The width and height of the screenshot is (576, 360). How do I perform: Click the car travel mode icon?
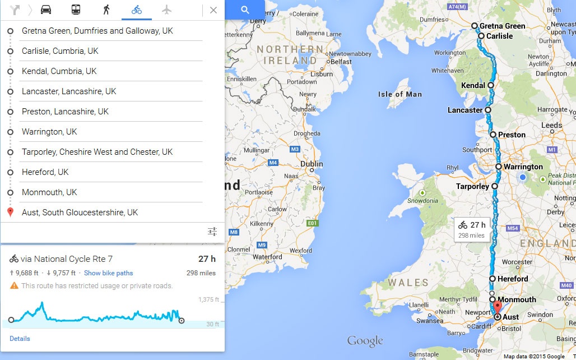click(46, 10)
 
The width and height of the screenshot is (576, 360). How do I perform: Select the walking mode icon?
click(106, 10)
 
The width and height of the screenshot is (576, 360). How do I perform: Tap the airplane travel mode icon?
click(166, 10)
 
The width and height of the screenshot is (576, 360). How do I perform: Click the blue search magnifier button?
click(245, 10)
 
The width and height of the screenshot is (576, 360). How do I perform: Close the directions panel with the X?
click(213, 10)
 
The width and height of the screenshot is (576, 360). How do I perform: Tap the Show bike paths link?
click(108, 273)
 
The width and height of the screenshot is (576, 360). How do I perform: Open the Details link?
click(20, 339)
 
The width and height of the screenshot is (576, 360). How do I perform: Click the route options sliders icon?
click(212, 232)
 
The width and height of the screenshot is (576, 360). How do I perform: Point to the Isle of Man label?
click(400, 94)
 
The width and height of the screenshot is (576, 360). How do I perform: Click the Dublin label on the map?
click(312, 164)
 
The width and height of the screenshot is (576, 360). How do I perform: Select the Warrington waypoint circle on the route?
click(499, 167)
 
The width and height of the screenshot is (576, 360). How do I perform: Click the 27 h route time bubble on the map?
click(472, 229)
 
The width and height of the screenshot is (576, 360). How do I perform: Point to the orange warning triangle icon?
click(14, 286)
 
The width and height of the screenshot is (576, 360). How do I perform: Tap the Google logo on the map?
click(365, 340)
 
